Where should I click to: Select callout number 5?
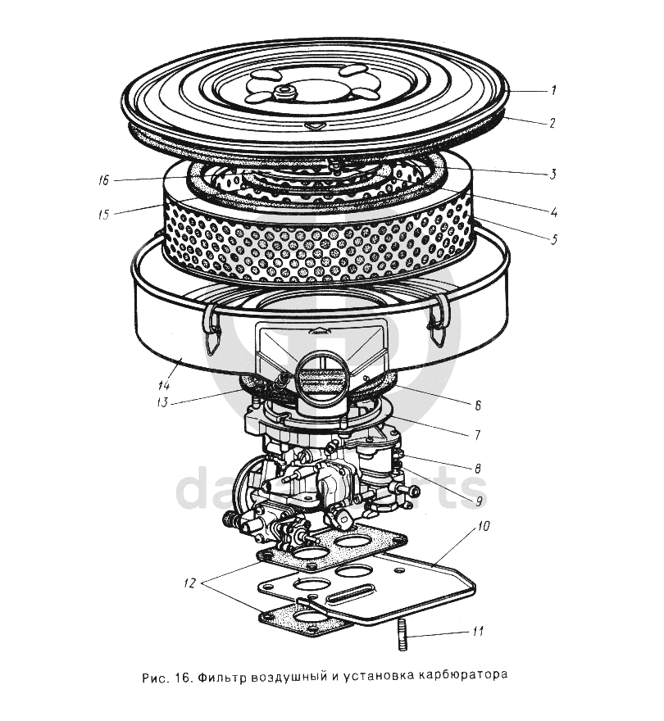(553, 239)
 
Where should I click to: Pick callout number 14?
(163, 385)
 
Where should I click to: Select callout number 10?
(484, 527)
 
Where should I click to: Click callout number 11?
(476, 631)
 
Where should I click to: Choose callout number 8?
(476, 468)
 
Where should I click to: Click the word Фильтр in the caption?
(222, 678)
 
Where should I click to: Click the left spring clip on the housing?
(211, 325)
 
